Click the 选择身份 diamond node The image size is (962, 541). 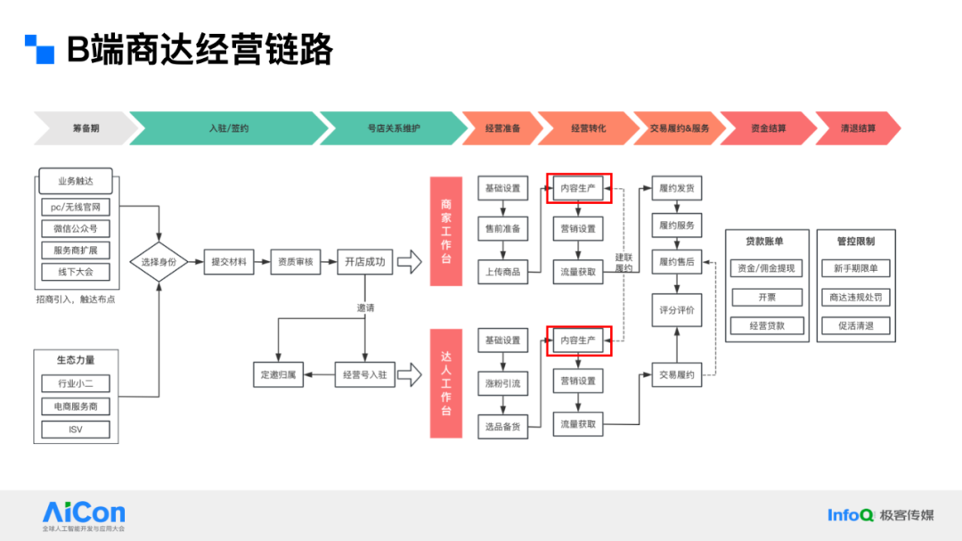[x=159, y=262]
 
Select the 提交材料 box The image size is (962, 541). [x=229, y=262]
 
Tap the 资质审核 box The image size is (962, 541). [x=296, y=262]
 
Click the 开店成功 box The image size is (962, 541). [x=365, y=262]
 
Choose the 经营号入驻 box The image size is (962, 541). [x=364, y=375]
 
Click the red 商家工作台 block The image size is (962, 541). [x=445, y=231]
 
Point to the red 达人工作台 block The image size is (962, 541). [x=445, y=383]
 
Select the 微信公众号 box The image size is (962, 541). [x=76, y=228]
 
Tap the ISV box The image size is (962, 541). [x=76, y=430]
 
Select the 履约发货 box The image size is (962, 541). [x=677, y=189]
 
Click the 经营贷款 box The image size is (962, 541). [x=767, y=326]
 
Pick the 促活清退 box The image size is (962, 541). [x=856, y=326]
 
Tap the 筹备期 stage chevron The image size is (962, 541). [x=85, y=128]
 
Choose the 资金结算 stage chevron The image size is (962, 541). [x=767, y=128]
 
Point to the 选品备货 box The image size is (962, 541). [x=503, y=426]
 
